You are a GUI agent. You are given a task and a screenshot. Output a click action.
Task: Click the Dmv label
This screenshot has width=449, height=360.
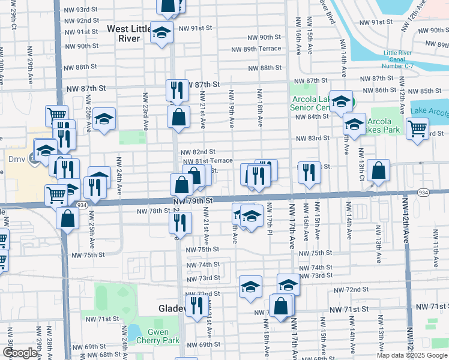pos(15,160)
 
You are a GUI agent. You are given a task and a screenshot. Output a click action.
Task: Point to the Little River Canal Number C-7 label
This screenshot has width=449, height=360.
pos(397,61)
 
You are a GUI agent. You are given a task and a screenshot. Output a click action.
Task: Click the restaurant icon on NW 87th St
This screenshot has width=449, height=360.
pos(176,90)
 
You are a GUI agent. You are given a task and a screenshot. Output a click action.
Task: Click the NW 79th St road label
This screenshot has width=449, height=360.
pos(194,200)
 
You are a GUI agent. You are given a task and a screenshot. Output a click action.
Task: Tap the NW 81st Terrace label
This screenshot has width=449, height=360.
pos(207,161)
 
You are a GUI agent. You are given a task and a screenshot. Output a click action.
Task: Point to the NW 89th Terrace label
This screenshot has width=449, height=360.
pos(256,49)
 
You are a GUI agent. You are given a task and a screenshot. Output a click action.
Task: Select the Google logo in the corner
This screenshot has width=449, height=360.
pos(20,353)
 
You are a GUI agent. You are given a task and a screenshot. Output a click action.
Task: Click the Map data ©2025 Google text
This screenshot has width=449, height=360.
pos(411,355)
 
